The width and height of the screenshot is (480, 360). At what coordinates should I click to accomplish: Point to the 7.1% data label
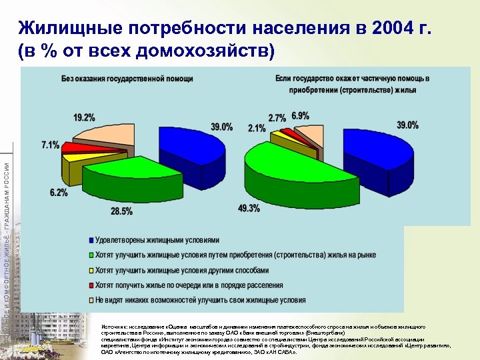pos(50,145)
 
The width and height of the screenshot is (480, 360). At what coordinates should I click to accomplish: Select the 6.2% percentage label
pos(58,193)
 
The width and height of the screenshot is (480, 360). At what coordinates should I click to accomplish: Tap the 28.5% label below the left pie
pos(121,211)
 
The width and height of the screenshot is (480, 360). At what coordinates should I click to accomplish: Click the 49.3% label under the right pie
pos(249,209)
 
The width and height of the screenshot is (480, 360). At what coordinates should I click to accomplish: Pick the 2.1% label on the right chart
pos(256,128)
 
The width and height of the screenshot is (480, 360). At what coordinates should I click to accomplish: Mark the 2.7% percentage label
pos(277,117)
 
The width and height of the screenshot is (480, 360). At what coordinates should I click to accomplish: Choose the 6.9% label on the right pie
pos(300,116)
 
